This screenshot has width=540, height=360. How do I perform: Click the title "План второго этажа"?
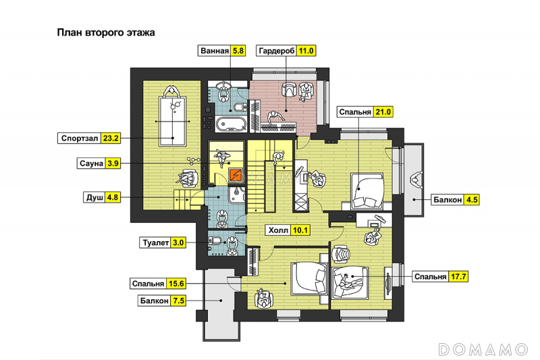pyautogui.click(x=106, y=32)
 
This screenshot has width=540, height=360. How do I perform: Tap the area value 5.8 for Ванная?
pyautogui.click(x=238, y=51)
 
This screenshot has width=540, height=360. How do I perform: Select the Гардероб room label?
pyautogui.click(x=277, y=51)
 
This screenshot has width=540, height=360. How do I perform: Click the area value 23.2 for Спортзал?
pyautogui.click(x=111, y=138)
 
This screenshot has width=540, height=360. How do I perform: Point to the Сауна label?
pyautogui.click(x=91, y=163)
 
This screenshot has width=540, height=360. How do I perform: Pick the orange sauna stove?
pyautogui.click(x=236, y=174)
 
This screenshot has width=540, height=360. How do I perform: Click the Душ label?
pyautogui.click(x=94, y=197)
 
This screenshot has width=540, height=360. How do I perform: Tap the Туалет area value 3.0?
pyautogui.click(x=178, y=242)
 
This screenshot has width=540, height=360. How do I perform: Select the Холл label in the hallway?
pyautogui.click(x=278, y=230)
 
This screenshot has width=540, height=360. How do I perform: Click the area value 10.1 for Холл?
pyautogui.click(x=300, y=230)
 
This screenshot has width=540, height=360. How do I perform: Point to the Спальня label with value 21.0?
pyautogui.click(x=355, y=112)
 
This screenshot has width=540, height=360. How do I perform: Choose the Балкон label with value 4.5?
pyautogui.click(x=448, y=200)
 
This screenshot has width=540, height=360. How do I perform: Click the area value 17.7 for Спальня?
pyautogui.click(x=458, y=277)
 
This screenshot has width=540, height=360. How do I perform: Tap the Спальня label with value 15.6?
pyautogui.click(x=148, y=284)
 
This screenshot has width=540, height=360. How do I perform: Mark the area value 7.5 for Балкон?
pyautogui.click(x=178, y=301)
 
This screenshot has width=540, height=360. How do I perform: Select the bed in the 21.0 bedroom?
pyautogui.click(x=367, y=191)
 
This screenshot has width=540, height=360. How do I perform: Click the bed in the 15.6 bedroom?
pyautogui.click(x=309, y=279)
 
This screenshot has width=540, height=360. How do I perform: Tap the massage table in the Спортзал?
pyautogui.click(x=172, y=121)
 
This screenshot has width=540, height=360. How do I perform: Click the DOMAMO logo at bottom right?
pyautogui.click(x=483, y=350)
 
